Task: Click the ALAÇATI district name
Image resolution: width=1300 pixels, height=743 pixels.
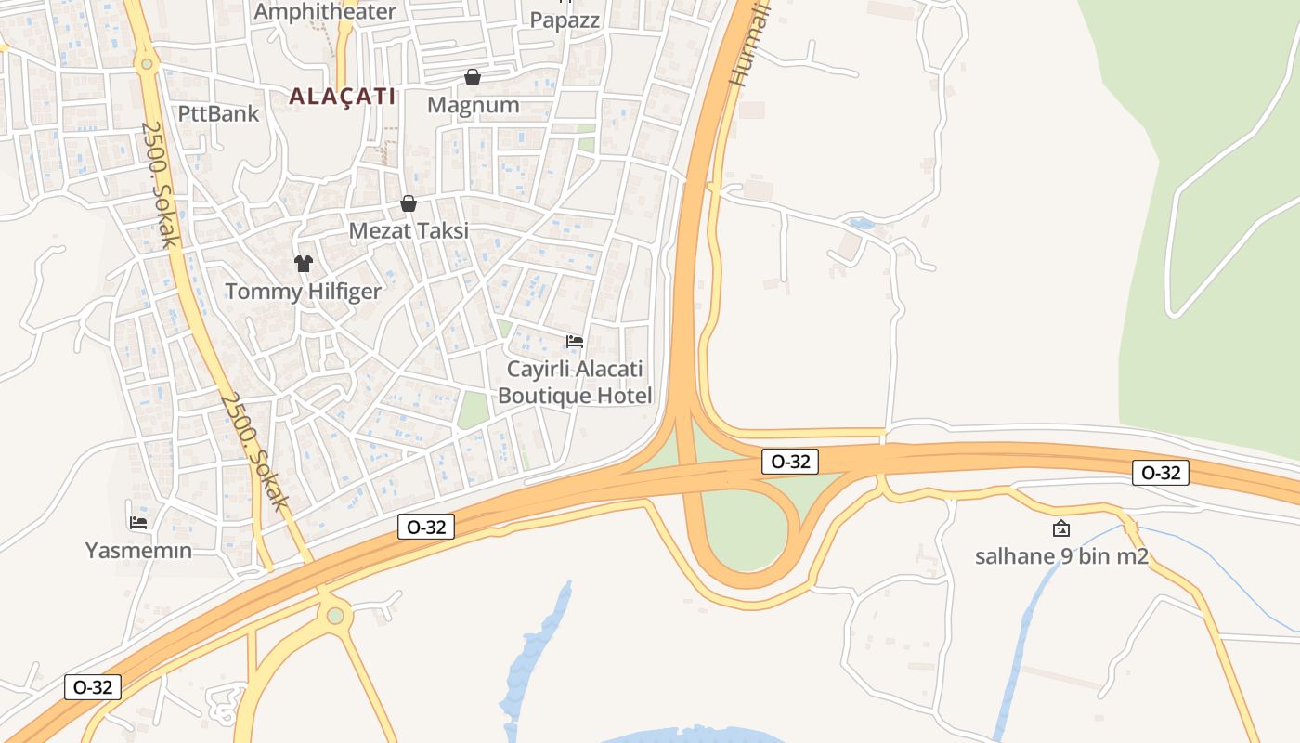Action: pyautogui.click(x=343, y=96)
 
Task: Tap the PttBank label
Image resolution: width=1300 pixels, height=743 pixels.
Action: pyautogui.click(x=218, y=113)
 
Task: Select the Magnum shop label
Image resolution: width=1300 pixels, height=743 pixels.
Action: pyautogui.click(x=473, y=104)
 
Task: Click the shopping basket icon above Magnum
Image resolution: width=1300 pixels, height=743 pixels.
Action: pyautogui.click(x=473, y=76)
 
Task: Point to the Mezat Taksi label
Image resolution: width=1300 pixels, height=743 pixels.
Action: pyautogui.click(x=409, y=230)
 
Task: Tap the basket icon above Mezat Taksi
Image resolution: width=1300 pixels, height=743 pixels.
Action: pyautogui.click(x=408, y=203)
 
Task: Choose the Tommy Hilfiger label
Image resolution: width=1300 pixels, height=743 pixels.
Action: pyautogui.click(x=303, y=291)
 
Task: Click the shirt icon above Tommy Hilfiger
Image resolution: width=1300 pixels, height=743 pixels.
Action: pyautogui.click(x=303, y=263)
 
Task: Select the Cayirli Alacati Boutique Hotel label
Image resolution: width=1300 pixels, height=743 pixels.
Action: pyautogui.click(x=575, y=382)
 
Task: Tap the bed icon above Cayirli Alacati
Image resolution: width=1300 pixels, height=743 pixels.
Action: pyautogui.click(x=575, y=342)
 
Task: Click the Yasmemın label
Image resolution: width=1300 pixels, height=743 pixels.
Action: pyautogui.click(x=138, y=550)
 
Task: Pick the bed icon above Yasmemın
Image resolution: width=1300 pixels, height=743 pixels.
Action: pyautogui.click(x=138, y=523)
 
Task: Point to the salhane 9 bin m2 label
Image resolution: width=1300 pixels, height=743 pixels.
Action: pyautogui.click(x=1061, y=556)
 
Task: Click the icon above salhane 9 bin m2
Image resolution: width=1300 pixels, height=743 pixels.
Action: pyautogui.click(x=1061, y=528)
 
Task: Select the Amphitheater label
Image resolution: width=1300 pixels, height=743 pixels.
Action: pyautogui.click(x=325, y=11)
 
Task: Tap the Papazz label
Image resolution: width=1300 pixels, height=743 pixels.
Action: pyautogui.click(x=565, y=20)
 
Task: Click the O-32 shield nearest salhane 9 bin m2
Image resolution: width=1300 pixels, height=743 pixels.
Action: pyautogui.click(x=1161, y=473)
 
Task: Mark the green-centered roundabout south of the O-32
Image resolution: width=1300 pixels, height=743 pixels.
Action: pyautogui.click(x=335, y=616)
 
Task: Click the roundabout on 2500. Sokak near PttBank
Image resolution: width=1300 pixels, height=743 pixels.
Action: pyautogui.click(x=145, y=64)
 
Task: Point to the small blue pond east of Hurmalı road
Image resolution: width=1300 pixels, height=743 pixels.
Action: pyautogui.click(x=861, y=223)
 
